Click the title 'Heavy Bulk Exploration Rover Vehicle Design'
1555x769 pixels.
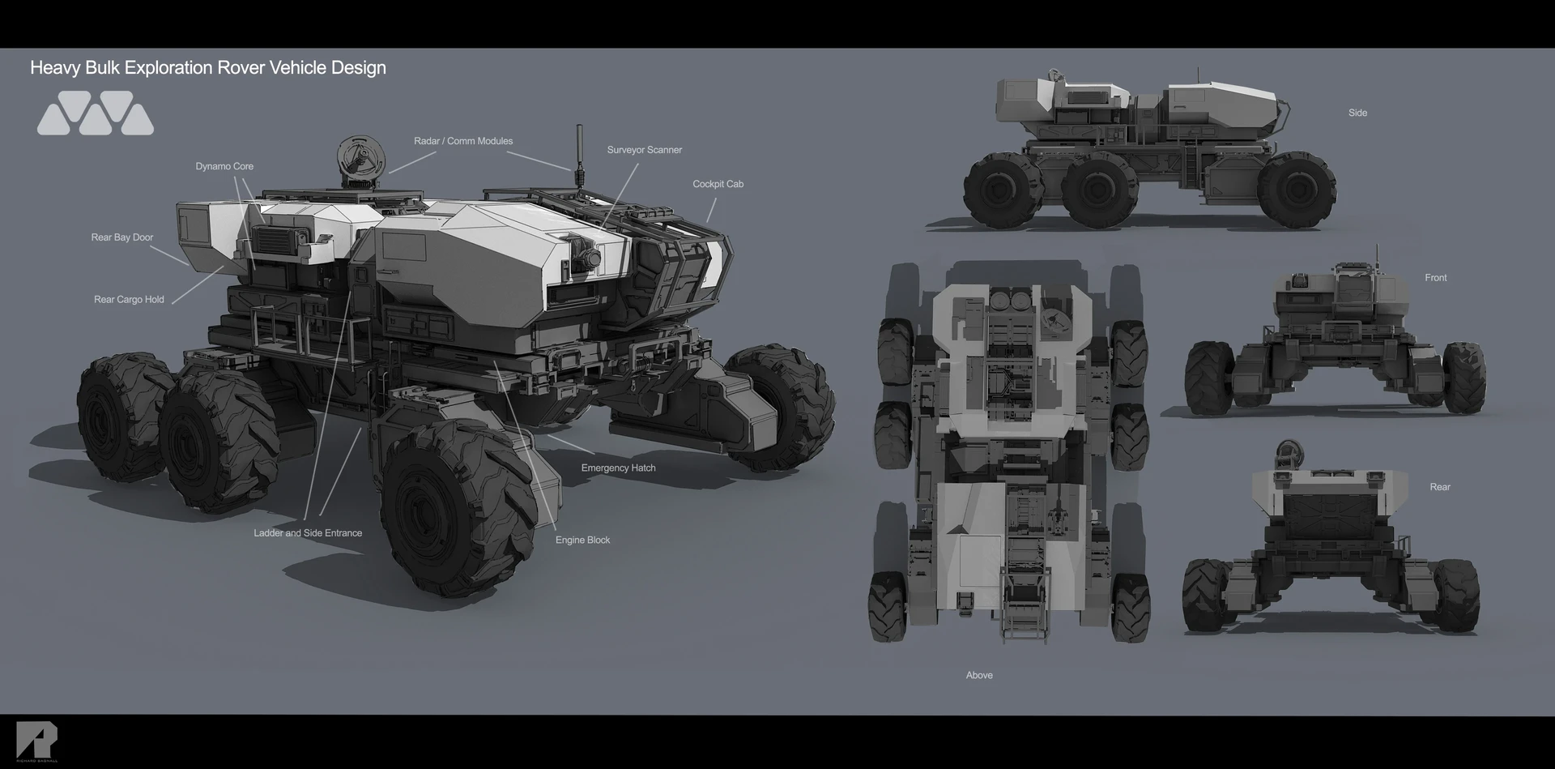click(x=207, y=68)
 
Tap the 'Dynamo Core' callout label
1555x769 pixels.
click(x=224, y=166)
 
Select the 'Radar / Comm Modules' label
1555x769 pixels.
click(x=463, y=141)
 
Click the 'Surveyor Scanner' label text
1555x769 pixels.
click(x=644, y=150)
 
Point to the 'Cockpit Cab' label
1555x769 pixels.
click(x=718, y=184)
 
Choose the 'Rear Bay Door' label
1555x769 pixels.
click(x=121, y=237)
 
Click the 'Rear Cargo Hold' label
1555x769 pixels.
click(x=129, y=300)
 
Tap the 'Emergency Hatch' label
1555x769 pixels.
click(x=618, y=468)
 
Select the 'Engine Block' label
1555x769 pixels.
click(x=582, y=540)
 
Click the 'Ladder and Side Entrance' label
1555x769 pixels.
click(x=308, y=533)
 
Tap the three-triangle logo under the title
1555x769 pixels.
click(x=96, y=113)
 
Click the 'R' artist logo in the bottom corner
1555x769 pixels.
click(x=36, y=740)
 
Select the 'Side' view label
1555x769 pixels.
click(x=1357, y=113)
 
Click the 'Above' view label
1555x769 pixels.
click(x=978, y=676)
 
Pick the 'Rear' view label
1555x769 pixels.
click(x=1439, y=487)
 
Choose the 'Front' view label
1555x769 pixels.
click(x=1435, y=278)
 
